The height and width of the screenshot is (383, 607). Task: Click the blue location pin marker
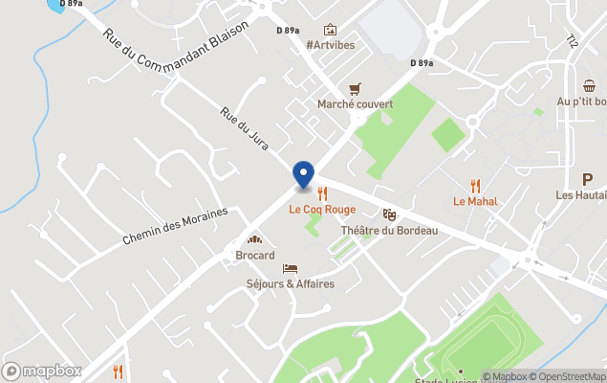tap(303, 174)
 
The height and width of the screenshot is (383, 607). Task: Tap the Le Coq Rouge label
tap(322, 210)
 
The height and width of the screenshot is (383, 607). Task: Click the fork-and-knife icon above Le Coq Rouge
tap(322, 193)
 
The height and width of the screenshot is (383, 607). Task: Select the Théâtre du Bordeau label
tap(389, 231)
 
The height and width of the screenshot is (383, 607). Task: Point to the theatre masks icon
tap(389, 214)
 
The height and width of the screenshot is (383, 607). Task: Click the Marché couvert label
tap(356, 103)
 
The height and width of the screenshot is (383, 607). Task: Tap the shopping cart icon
tap(356, 87)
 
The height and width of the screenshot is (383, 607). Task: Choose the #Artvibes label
tap(330, 46)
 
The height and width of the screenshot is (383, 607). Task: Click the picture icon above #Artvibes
tap(330, 30)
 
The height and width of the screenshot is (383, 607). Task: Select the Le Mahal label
tap(475, 202)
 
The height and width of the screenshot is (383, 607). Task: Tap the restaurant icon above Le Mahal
tap(475, 186)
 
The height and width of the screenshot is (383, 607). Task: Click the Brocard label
tap(255, 256)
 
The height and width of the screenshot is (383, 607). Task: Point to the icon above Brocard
tap(255, 239)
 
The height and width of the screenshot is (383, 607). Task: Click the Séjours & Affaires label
tap(291, 284)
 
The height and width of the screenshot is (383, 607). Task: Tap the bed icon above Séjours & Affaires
tap(291, 268)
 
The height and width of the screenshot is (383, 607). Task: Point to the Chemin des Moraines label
tap(175, 228)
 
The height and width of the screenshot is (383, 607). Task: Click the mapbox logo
tap(42, 371)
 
